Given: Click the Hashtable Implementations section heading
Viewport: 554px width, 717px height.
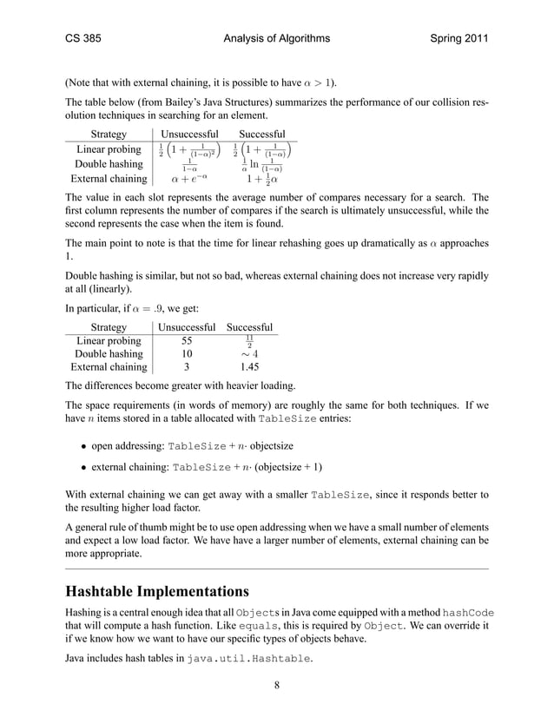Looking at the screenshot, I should [x=157, y=592].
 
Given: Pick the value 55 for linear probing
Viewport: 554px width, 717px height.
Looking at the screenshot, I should [x=186, y=341].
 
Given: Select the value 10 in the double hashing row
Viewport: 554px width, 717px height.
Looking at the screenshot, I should [x=186, y=354].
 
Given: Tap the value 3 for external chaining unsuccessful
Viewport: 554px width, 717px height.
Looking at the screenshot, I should [x=186, y=367].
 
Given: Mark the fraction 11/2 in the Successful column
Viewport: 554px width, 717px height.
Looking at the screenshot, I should [x=249, y=341].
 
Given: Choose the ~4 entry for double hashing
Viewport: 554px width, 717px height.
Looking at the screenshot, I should [x=249, y=354].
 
